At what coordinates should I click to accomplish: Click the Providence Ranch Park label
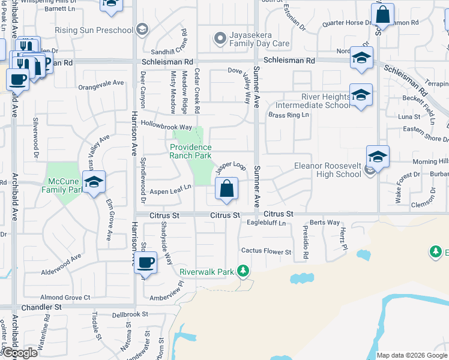coord(191,151)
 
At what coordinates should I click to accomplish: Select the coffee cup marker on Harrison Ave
coord(146,262)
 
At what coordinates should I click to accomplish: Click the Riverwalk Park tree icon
coord(243,271)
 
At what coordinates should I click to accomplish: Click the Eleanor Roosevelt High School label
coord(327,170)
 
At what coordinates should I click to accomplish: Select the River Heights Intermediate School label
coord(325,101)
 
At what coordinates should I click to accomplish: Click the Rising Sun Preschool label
coord(94,31)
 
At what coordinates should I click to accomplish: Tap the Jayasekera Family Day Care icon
coord(220,38)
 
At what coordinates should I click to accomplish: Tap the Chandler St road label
coord(41,307)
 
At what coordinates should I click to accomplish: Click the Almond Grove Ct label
coord(65,297)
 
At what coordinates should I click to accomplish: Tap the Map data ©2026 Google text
coord(411,355)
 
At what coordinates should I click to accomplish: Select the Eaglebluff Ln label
coord(267,223)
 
